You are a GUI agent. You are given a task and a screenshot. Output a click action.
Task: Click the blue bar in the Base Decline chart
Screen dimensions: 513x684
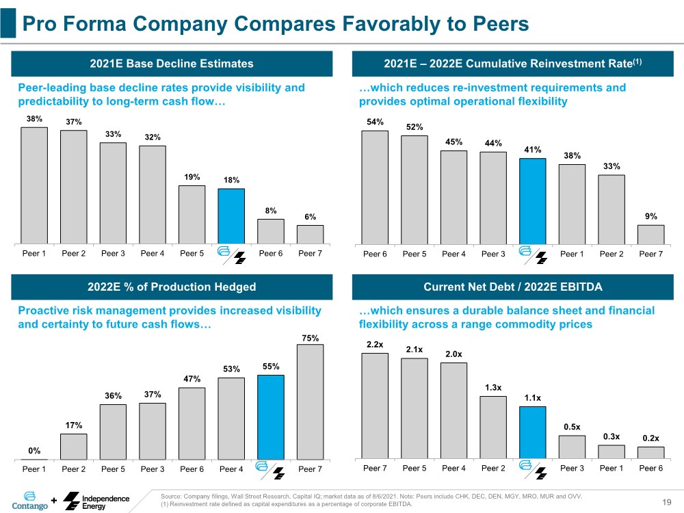pyautogui.click(x=231, y=215)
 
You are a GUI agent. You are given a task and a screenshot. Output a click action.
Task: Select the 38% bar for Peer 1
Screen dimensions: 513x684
pyautogui.click(x=34, y=185)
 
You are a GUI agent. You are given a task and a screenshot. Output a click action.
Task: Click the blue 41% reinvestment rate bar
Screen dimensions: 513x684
pyautogui.click(x=533, y=201)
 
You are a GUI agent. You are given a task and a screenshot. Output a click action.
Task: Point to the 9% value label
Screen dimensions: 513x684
pyautogui.click(x=650, y=216)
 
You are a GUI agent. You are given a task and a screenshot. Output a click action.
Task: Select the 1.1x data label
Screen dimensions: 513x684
pyautogui.click(x=533, y=398)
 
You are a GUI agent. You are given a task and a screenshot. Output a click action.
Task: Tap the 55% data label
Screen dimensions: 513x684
pyautogui.click(x=271, y=367)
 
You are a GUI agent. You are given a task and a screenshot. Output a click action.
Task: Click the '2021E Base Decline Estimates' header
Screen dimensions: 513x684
pyautogui.click(x=172, y=64)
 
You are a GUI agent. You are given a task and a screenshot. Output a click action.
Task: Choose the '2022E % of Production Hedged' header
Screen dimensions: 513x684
pyautogui.click(x=172, y=287)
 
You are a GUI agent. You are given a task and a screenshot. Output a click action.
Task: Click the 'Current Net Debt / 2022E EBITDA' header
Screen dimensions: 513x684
pyautogui.click(x=512, y=287)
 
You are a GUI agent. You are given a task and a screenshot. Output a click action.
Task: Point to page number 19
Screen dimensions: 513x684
pyautogui.click(x=668, y=503)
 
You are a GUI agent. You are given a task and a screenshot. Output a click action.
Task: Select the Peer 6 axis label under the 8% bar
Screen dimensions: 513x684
pyautogui.click(x=271, y=254)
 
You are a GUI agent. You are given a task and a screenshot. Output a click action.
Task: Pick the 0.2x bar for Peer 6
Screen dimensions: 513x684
pyautogui.click(x=650, y=453)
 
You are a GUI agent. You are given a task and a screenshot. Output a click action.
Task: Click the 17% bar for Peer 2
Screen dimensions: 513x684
pyautogui.click(x=74, y=446)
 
